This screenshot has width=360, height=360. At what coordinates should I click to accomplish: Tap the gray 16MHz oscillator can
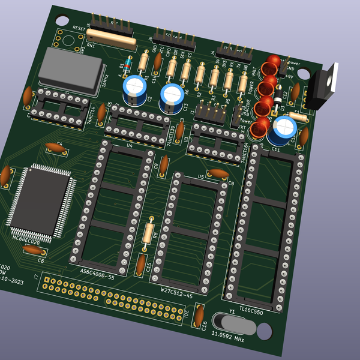coord(67,70)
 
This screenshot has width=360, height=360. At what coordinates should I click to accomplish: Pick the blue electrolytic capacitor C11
coord(283,129)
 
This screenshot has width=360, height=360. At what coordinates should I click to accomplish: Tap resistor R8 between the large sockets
coord(148,233)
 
